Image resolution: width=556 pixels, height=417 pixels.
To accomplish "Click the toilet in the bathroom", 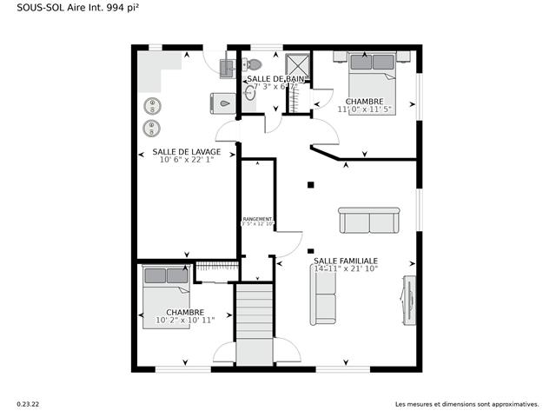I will (251, 64).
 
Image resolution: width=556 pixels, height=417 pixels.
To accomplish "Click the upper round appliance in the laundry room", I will (153, 107).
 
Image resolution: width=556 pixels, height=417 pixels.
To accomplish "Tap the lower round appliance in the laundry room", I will (153, 128).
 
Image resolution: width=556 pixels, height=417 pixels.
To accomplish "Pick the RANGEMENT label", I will (257, 219).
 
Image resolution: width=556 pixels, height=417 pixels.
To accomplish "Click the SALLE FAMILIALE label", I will (345, 260).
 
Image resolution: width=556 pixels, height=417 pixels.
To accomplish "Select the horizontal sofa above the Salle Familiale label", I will (369, 221).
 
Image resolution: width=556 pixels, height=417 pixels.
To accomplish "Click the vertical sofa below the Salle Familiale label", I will (324, 295).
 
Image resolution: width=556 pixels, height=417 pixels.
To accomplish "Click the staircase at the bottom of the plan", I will (255, 326).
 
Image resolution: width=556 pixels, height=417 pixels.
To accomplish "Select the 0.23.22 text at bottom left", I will (28, 404).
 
